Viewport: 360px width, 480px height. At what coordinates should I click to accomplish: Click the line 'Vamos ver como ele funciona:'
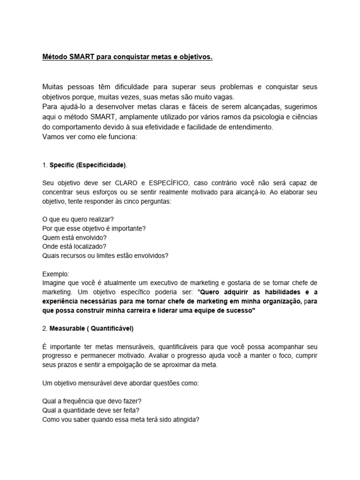[x=88, y=137]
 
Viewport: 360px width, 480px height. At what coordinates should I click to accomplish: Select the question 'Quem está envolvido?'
[x=75, y=238]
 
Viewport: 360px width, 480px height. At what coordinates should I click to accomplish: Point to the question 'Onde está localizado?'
[x=74, y=247]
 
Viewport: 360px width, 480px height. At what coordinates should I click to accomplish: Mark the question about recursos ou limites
[x=105, y=255]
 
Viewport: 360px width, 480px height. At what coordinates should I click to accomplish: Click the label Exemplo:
[x=55, y=274]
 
